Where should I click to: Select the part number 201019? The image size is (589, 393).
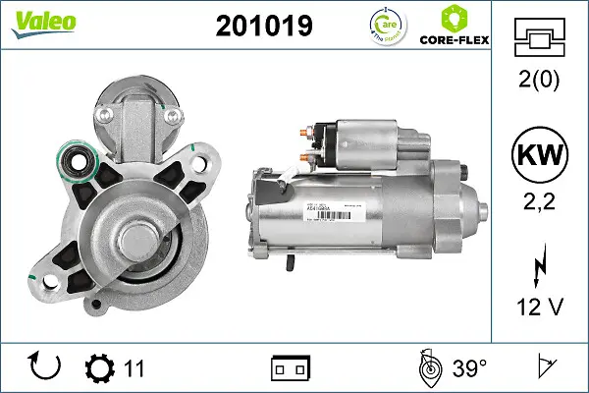[x=262, y=27]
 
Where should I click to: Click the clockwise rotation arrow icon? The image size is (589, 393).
[x=46, y=367]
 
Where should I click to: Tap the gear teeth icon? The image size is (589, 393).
[x=100, y=368]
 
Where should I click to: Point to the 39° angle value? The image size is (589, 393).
[x=469, y=368]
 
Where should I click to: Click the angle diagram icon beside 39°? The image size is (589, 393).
[x=428, y=367]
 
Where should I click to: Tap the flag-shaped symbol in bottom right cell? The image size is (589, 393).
[x=542, y=368]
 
